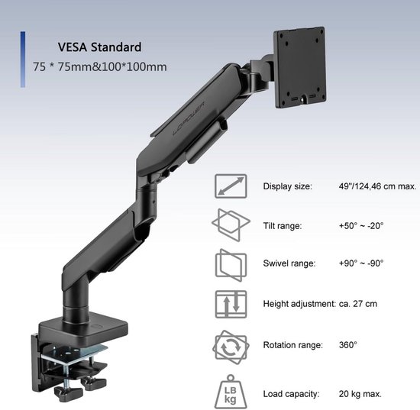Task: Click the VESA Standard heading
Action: (99, 47)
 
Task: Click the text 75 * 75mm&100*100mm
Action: (99, 66)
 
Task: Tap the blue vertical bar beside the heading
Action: (23, 60)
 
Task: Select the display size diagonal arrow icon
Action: (231, 186)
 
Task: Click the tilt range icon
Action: (231, 225)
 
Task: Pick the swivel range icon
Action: (231, 265)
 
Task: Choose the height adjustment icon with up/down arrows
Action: (231, 304)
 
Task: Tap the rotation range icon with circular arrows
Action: (231, 347)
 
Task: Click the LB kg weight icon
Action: (231, 392)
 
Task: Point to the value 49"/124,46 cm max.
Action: (377, 186)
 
